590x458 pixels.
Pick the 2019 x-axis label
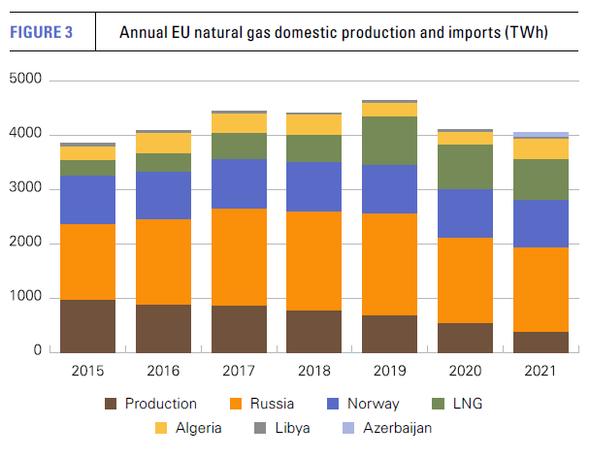pyautogui.click(x=391, y=370)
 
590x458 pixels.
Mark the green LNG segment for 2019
pyautogui.click(x=391, y=141)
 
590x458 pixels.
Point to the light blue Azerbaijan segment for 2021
pyautogui.click(x=541, y=135)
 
